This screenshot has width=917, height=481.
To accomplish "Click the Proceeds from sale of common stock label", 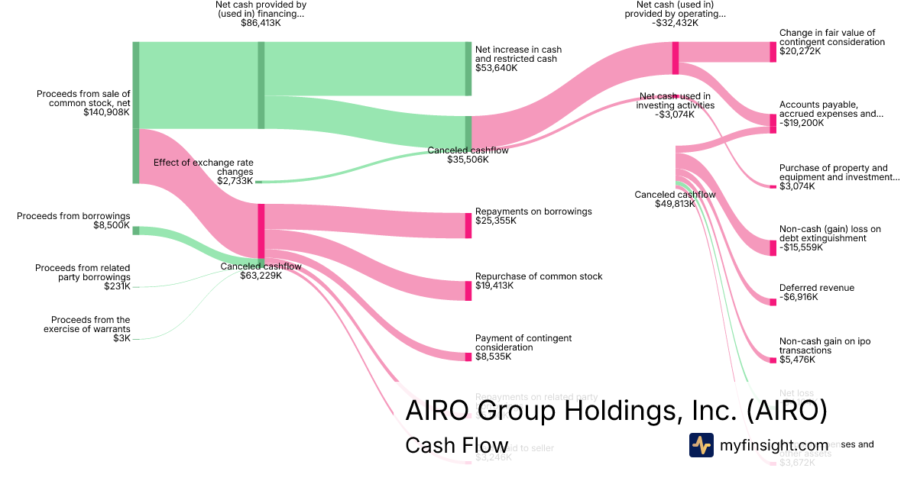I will [83, 98].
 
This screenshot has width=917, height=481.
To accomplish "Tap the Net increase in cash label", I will [518, 54].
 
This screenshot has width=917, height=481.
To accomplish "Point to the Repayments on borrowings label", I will [533, 211].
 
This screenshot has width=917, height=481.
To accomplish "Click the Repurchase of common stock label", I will [539, 276].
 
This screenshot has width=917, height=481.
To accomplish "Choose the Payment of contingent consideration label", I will [523, 343].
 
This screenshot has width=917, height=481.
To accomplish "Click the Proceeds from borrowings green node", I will [136, 230].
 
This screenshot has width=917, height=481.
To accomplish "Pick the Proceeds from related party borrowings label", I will [83, 273].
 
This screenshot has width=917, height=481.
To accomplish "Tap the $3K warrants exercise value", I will [122, 338].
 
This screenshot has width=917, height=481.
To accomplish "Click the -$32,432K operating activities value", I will [675, 23].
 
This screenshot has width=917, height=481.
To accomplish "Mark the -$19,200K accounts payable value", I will [802, 123].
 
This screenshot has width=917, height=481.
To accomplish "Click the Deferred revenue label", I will [817, 288].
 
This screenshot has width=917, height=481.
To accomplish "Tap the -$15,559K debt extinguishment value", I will [802, 247].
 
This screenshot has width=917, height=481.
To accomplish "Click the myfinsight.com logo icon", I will [702, 445].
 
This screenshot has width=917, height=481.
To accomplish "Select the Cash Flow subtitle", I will [457, 446].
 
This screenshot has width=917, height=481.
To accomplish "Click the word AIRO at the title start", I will [438, 411].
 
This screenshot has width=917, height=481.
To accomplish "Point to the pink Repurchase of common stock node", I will [468, 290].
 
